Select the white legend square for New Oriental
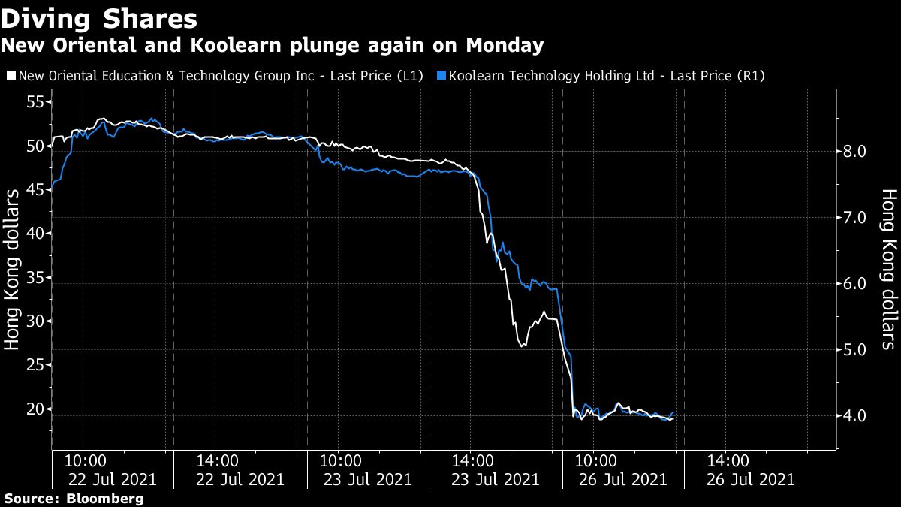pyautogui.click(x=11, y=76)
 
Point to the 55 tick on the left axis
pyautogui.click(x=35, y=102)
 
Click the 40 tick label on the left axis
pyautogui.click(x=35, y=234)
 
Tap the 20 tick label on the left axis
pyautogui.click(x=35, y=409)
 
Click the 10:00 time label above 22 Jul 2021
pyautogui.click(x=86, y=460)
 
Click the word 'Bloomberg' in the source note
pyautogui.click(x=104, y=499)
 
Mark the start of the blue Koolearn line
pyautogui.click(x=52, y=189)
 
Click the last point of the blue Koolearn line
pyautogui.click(x=674, y=412)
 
